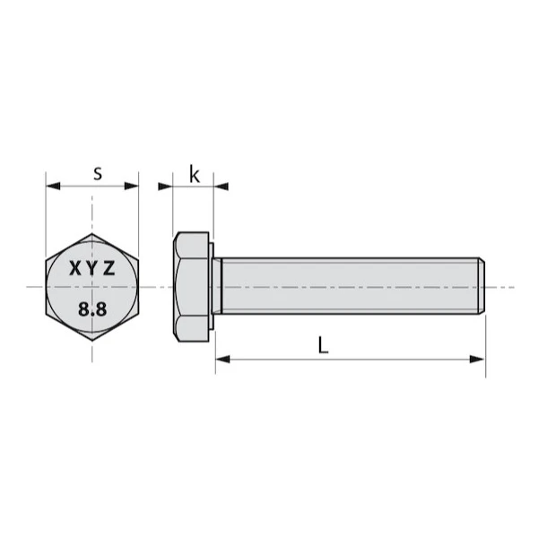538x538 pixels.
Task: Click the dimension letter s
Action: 98,174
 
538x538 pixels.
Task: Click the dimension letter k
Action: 195,174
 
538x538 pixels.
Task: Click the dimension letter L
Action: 323,345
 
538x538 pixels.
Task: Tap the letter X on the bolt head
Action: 75,268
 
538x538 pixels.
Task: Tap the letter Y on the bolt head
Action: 92,268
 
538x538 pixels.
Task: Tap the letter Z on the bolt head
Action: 109,268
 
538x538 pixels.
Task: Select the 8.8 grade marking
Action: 92,309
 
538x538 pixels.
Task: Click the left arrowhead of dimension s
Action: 53,186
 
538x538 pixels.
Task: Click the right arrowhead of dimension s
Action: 132,186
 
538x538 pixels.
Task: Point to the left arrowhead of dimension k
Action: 165,187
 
